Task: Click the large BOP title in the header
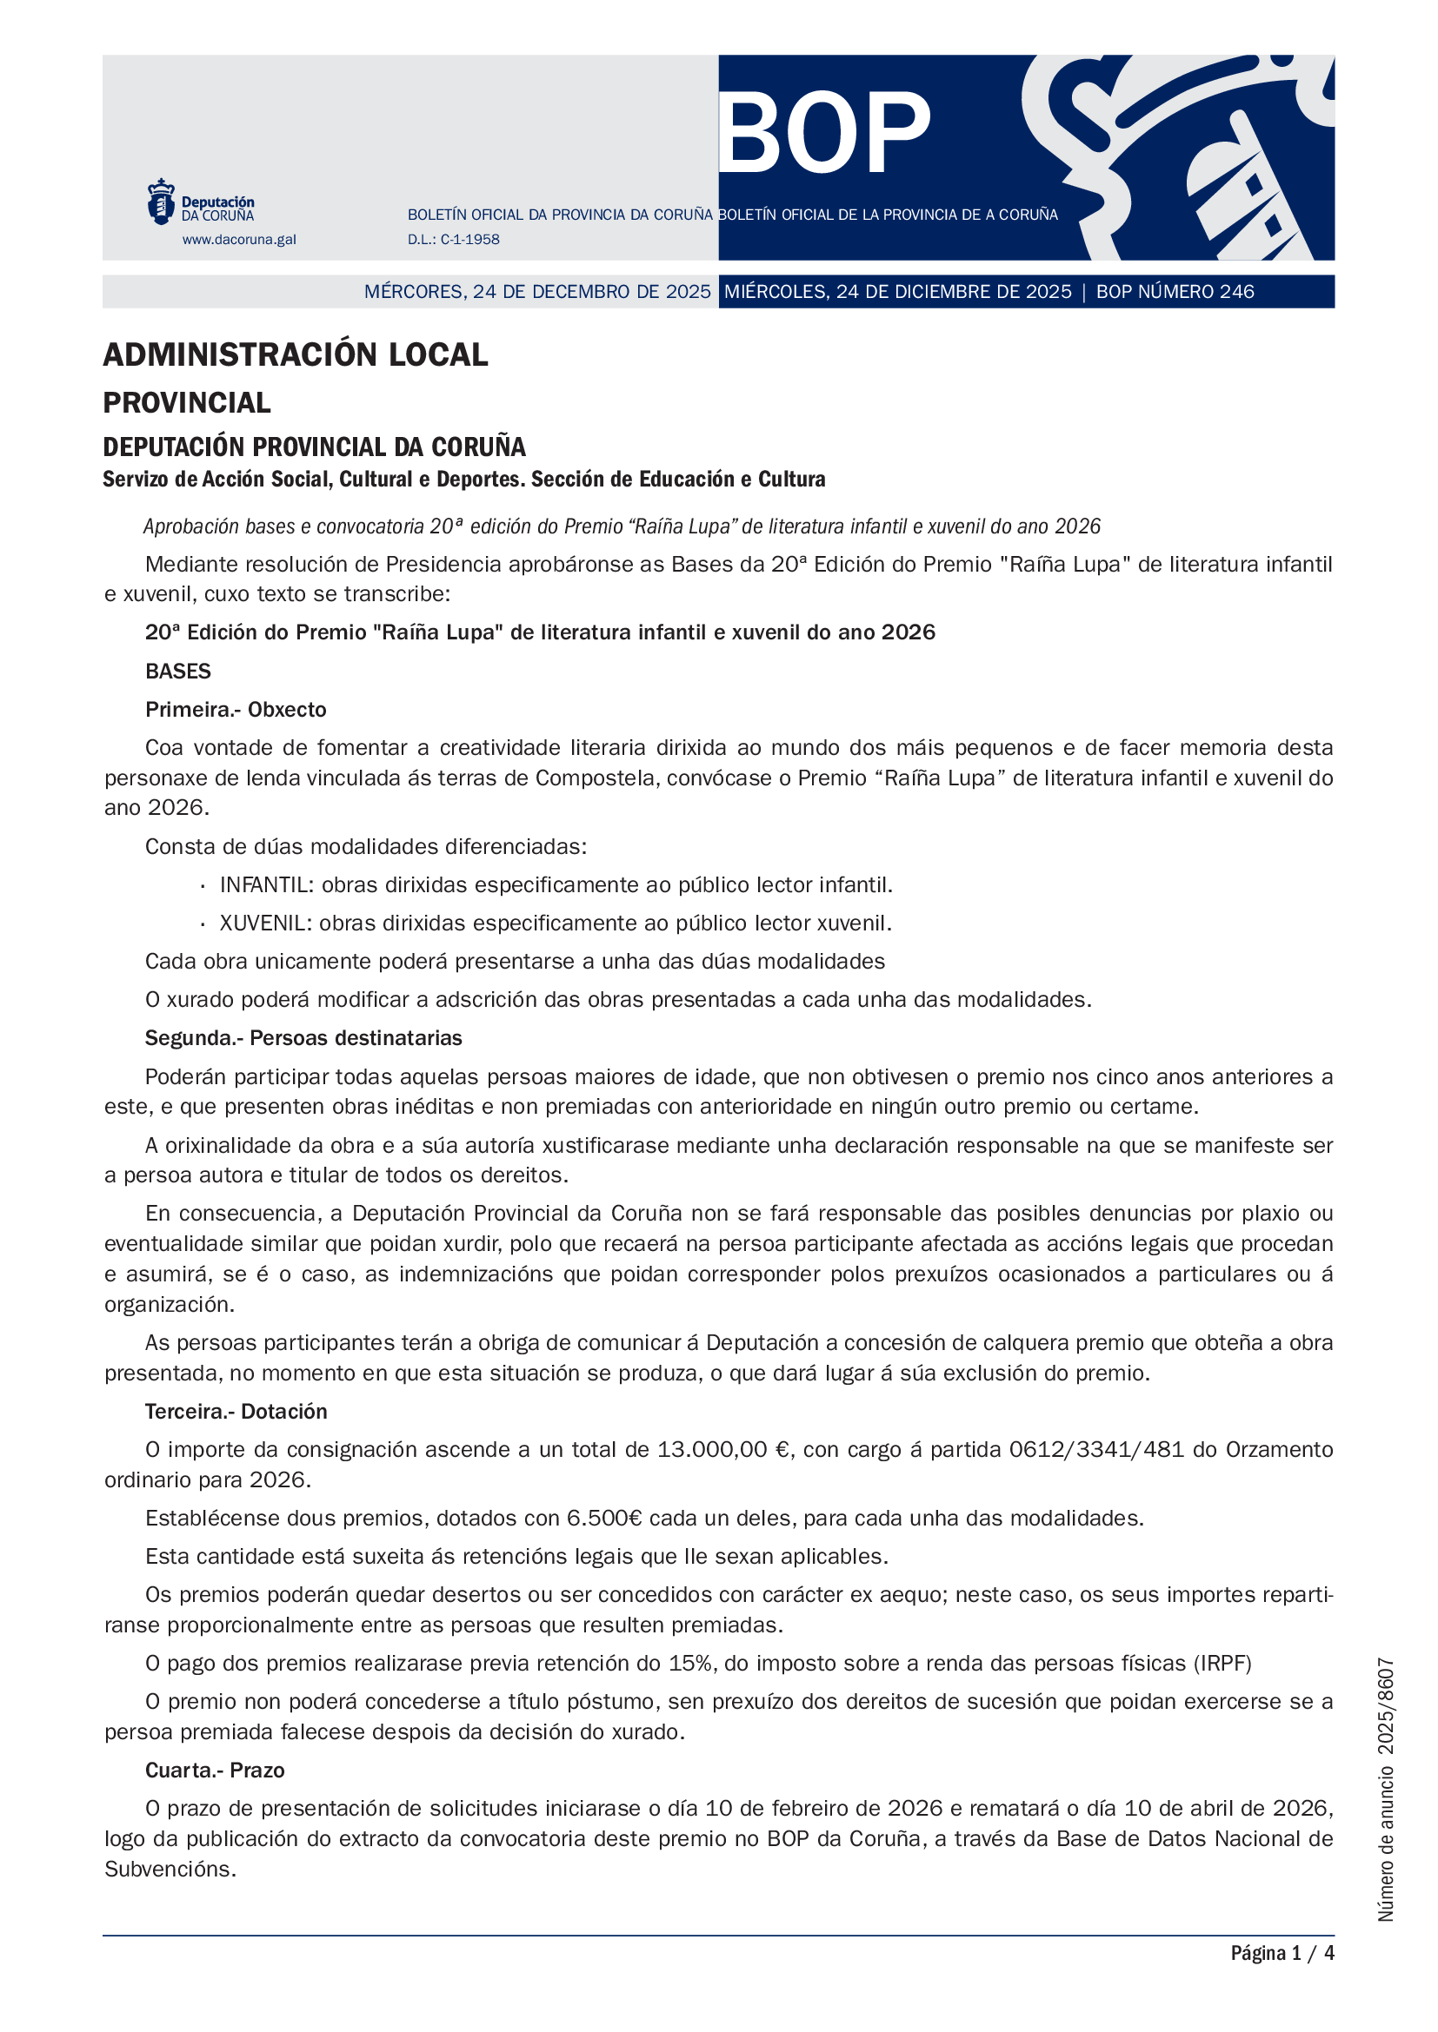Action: tap(823, 133)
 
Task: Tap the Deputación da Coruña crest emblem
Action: tap(160, 201)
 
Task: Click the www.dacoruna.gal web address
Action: tap(239, 239)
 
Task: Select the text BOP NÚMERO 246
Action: tap(1175, 292)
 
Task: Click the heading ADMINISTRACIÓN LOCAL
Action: tap(295, 355)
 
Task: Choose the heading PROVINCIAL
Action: tap(187, 403)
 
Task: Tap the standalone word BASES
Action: tap(178, 672)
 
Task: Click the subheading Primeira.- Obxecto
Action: tap(236, 710)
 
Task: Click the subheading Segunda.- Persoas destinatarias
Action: tap(303, 1038)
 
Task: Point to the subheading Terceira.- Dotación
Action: tap(236, 1412)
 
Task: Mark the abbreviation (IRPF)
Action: tap(1222, 1664)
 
